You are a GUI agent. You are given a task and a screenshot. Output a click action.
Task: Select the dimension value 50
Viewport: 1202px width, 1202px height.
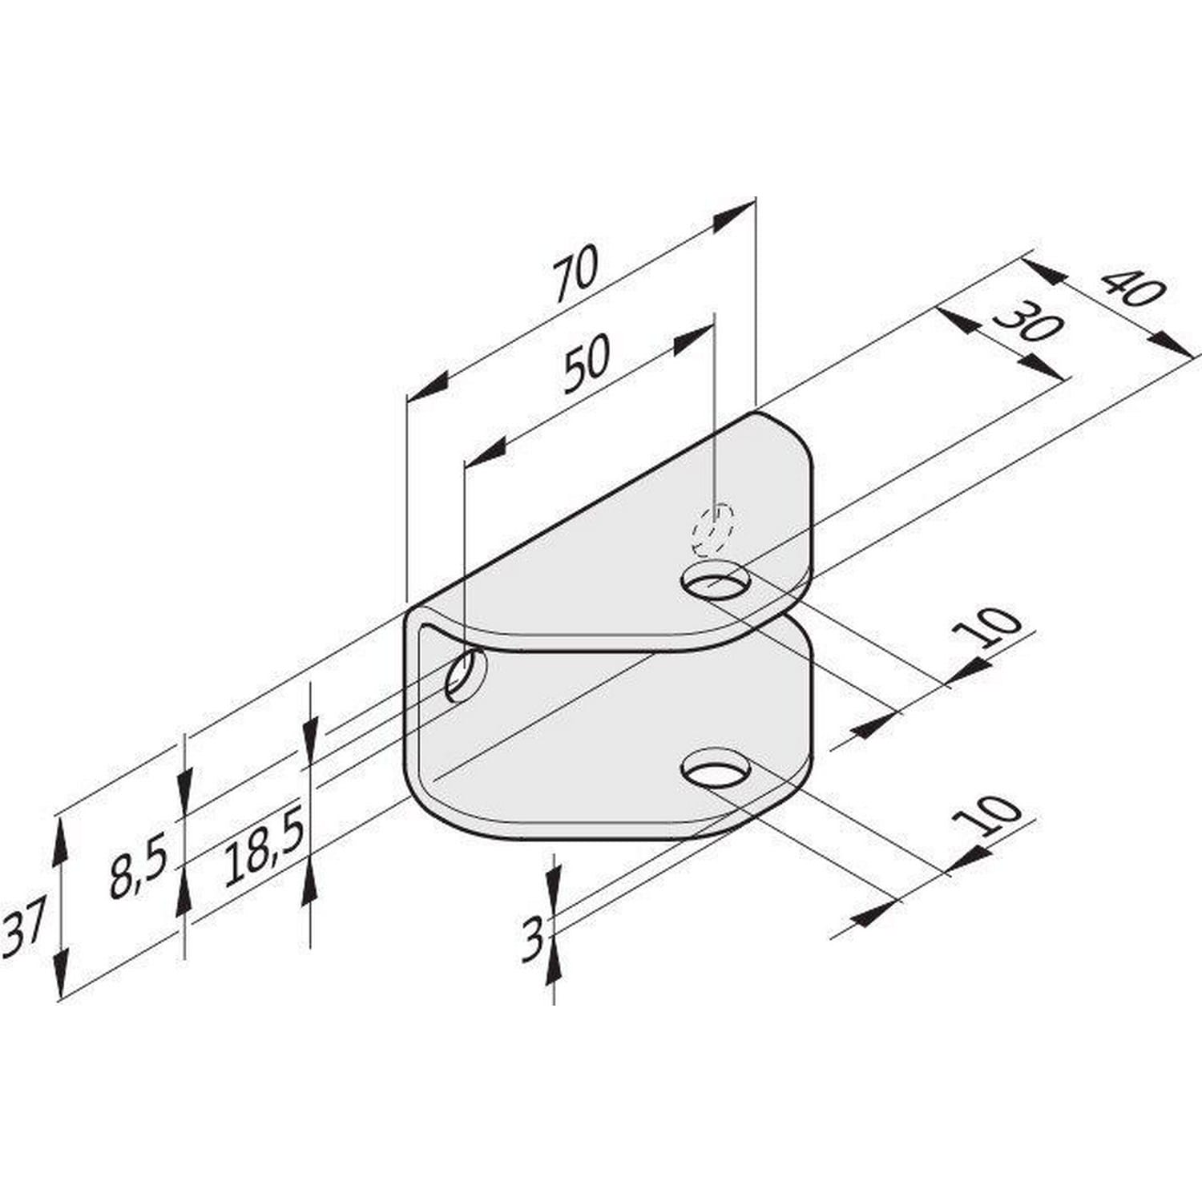586,364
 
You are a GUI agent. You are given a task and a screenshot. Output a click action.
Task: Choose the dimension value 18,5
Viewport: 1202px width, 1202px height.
264,846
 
